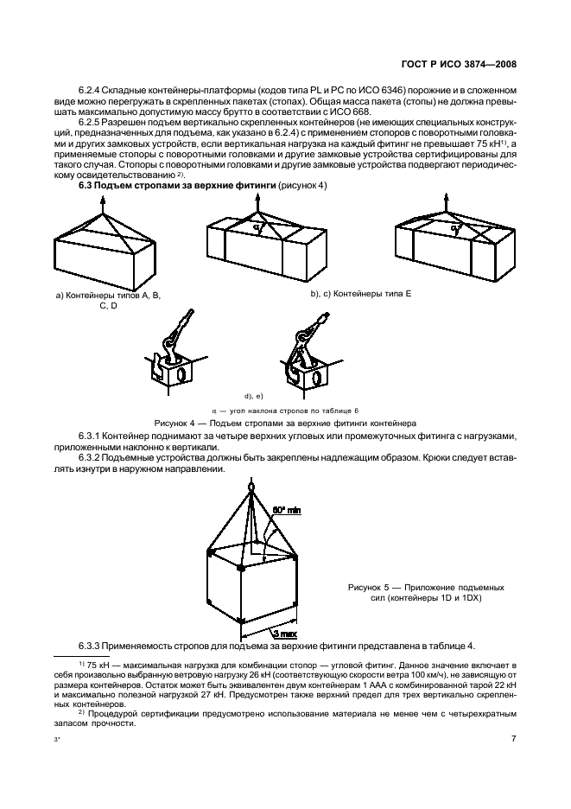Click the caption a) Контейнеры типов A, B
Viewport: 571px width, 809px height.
[x=108, y=295]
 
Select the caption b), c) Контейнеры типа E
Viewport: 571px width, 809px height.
[x=360, y=294]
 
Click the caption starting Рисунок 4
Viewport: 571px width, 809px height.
[x=285, y=423]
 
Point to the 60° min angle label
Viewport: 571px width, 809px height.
[x=287, y=511]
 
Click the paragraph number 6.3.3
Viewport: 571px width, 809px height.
[x=92, y=647]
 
